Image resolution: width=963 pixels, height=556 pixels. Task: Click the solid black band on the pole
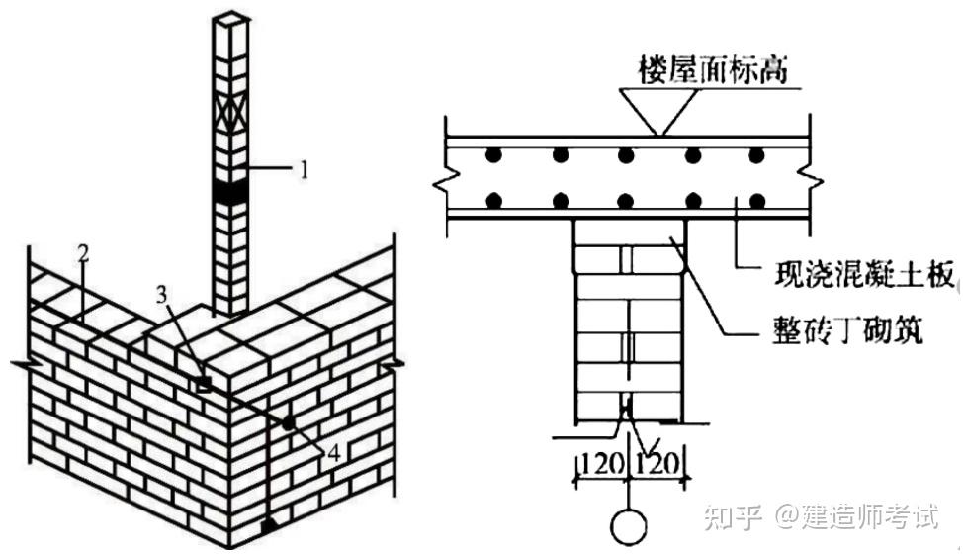pos(232,194)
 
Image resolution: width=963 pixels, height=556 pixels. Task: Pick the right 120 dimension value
pos(658,460)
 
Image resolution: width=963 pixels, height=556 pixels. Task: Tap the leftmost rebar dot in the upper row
pos(492,155)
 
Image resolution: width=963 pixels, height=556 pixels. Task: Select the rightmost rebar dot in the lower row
pos(757,200)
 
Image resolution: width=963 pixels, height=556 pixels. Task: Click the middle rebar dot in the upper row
pos(625,155)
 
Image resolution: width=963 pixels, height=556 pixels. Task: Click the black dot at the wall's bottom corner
pos(269,524)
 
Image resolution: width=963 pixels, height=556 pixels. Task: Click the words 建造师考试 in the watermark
pos(869,517)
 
